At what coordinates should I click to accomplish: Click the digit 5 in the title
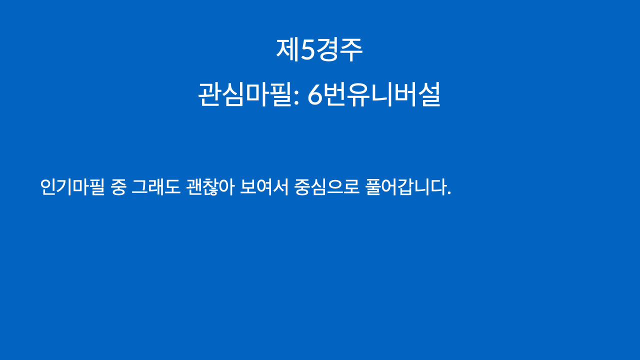coord(307,50)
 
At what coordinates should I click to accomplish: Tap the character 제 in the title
coord(287,50)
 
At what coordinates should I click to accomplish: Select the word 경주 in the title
coord(339,50)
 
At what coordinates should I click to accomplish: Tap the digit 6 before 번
coord(315,95)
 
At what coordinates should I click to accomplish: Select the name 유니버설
coord(394,94)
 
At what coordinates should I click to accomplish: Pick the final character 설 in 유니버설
coord(429,94)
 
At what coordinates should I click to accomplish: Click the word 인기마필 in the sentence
coord(72,187)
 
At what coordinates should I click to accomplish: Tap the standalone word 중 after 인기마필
coord(118,187)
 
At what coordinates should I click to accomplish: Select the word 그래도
coord(156,187)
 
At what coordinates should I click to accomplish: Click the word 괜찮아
coord(210,187)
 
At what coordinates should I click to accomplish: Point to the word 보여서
coord(264,187)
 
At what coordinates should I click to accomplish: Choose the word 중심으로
coord(327,187)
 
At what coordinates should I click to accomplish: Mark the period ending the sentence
coord(449,193)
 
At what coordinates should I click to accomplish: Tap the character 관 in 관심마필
coord(209,94)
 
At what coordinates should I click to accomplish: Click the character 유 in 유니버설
coord(360,95)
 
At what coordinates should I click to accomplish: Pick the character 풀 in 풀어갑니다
coord(373,187)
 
